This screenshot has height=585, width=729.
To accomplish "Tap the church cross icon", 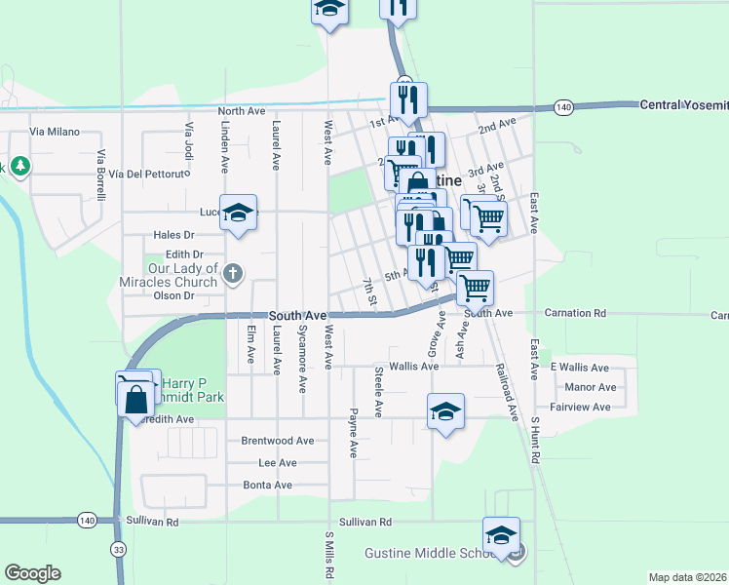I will (x=232, y=274).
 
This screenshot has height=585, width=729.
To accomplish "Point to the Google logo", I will (x=32, y=573).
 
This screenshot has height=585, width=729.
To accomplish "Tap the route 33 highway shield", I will (x=118, y=549).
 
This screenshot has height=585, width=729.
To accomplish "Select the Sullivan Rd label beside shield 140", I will (x=159, y=523).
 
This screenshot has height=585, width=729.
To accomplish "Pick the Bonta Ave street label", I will (x=267, y=485).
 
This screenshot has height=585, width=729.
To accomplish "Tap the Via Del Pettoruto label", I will (x=146, y=175).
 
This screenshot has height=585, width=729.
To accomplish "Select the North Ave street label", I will (x=242, y=112).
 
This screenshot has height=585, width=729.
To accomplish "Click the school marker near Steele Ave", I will (x=445, y=410).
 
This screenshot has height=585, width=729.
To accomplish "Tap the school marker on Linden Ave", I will (x=238, y=214).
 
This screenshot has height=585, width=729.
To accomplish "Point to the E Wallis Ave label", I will (x=579, y=368).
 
